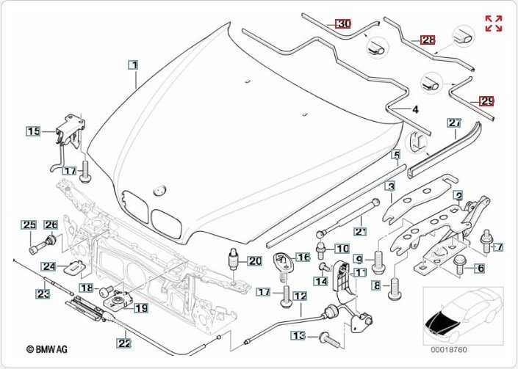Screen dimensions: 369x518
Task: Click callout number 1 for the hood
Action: pos(134,65)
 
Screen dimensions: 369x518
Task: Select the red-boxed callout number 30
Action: pos(344,23)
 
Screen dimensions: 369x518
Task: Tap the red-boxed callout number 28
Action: pos(428,40)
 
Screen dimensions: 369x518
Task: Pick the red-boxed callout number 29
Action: pos(486,101)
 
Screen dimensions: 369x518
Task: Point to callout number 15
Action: pos(34,131)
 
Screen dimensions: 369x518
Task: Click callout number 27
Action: pos(454,123)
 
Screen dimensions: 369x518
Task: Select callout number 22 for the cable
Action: pos(124,341)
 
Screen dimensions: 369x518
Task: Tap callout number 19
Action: pos(140,308)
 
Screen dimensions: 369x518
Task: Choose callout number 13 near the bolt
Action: pos(297,335)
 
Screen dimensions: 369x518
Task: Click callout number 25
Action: pos(28,224)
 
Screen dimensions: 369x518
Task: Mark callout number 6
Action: pos(480,268)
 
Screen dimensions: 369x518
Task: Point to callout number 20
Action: pos(254,260)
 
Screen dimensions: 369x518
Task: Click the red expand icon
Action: pos(494,23)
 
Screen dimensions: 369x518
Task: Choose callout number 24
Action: pos(48,266)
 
